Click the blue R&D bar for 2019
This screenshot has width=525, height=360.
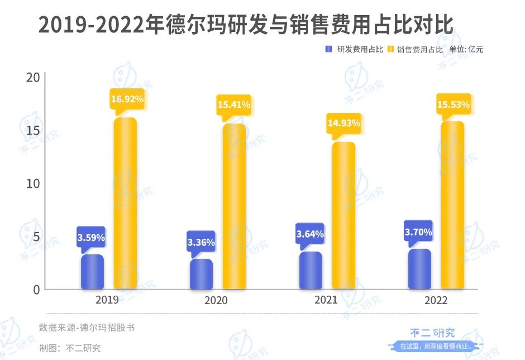click(x=92, y=272)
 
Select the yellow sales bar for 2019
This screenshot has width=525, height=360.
click(x=125, y=203)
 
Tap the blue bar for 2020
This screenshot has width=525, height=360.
click(x=201, y=274)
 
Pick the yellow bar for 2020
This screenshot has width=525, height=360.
click(x=234, y=207)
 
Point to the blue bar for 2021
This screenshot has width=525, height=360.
click(x=311, y=271)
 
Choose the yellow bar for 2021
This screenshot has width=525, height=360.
click(x=343, y=216)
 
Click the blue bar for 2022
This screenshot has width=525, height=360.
click(x=419, y=269)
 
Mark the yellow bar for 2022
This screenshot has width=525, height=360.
click(x=452, y=206)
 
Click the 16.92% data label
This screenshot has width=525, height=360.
click(x=127, y=100)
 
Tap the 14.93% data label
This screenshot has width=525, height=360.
click(x=344, y=123)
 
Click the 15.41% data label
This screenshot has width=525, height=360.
click(x=234, y=104)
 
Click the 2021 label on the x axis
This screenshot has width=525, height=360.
click(x=326, y=300)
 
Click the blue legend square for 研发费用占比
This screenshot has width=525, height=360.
click(x=329, y=49)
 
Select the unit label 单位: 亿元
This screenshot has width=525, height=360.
click(x=466, y=49)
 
